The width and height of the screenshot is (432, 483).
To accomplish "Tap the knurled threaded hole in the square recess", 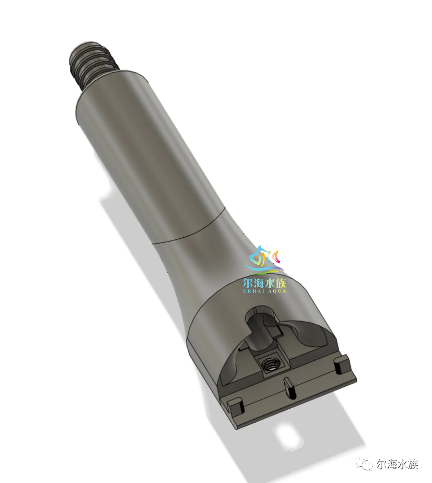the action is click(269, 365).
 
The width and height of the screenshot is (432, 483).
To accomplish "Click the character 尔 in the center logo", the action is click(248, 283).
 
